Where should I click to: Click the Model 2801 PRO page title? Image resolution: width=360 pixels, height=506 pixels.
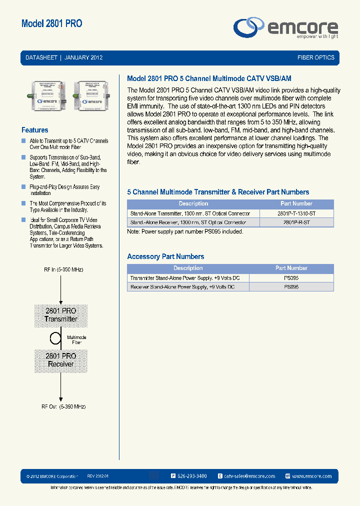(x=52, y=23)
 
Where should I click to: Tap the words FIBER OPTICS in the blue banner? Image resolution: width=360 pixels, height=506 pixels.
(x=315, y=57)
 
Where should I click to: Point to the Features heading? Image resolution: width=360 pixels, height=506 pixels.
(x=35, y=130)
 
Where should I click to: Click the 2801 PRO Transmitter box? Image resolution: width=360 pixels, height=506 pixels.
(x=60, y=315)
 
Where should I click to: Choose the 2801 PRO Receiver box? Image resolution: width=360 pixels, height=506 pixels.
(x=60, y=360)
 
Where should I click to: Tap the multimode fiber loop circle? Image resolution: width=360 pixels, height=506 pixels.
(x=55, y=337)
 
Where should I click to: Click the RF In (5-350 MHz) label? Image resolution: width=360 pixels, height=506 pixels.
(x=63, y=269)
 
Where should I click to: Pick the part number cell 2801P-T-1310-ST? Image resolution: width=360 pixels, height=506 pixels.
(x=296, y=213)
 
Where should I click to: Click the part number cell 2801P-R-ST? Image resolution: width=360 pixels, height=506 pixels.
(x=296, y=222)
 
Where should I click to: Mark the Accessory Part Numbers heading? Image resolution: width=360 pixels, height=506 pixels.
(x=165, y=256)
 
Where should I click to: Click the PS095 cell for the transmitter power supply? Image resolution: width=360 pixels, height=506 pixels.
(x=291, y=278)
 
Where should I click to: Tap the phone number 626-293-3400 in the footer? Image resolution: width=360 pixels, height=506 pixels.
(x=192, y=476)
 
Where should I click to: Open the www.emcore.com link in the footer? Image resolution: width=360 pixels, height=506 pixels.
(x=311, y=476)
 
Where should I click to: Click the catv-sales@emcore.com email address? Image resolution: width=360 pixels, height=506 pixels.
(x=249, y=476)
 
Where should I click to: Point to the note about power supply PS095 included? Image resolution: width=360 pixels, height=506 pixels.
(x=185, y=231)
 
